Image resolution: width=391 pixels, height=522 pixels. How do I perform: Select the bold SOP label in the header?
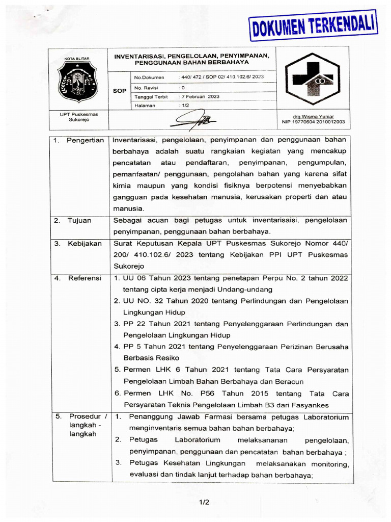click(x=119, y=91)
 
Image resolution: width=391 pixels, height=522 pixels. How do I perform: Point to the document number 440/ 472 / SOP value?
click(x=222, y=77)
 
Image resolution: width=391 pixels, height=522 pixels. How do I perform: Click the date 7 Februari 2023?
click(x=201, y=96)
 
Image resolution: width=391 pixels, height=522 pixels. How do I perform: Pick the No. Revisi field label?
click(x=146, y=87)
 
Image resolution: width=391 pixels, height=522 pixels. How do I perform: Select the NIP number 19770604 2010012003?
click(x=313, y=122)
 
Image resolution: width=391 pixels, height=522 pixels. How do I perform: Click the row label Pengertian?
click(x=85, y=140)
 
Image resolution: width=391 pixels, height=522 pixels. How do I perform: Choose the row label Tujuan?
click(x=80, y=221)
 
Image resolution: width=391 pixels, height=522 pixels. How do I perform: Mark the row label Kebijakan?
click(x=85, y=244)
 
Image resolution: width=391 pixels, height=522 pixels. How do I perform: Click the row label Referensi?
click(x=85, y=278)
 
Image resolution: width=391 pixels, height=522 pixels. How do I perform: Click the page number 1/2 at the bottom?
click(x=204, y=502)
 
